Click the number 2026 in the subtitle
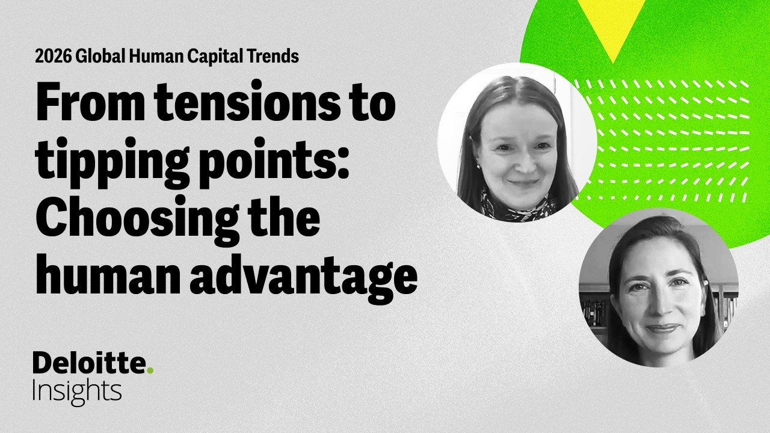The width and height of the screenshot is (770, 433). point(51,57)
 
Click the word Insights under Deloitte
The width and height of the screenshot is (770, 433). point(77,391)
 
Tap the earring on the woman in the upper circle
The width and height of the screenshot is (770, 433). point(479,166)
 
